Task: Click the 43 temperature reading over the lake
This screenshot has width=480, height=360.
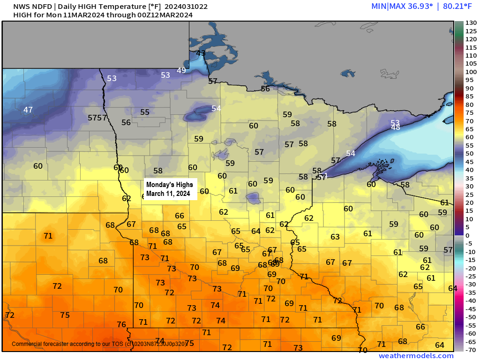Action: pyautogui.click(x=201, y=53)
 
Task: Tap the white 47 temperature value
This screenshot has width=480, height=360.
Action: pyautogui.click(x=28, y=110)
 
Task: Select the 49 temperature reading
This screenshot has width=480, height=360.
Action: pyautogui.click(x=181, y=71)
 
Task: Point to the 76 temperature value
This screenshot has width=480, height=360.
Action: pyautogui.click(x=121, y=324)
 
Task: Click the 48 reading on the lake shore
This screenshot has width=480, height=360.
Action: pyautogui.click(x=396, y=127)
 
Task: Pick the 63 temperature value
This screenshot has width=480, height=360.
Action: pyautogui.click(x=335, y=237)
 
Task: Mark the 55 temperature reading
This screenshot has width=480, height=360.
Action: pyautogui.click(x=145, y=112)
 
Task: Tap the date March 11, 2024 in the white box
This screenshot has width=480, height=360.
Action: pyautogui.click(x=168, y=193)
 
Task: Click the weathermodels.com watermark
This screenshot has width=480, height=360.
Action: pyautogui.click(x=416, y=356)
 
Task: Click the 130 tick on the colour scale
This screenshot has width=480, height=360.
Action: pyautogui.click(x=471, y=23)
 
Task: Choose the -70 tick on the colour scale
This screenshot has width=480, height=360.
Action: pyautogui.click(x=471, y=350)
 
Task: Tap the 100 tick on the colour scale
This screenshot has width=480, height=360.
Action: pyautogui.click(x=471, y=72)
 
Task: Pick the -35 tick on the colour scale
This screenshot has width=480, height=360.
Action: pyautogui.click(x=471, y=292)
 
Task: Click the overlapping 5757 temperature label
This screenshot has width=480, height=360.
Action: pyautogui.click(x=97, y=118)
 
